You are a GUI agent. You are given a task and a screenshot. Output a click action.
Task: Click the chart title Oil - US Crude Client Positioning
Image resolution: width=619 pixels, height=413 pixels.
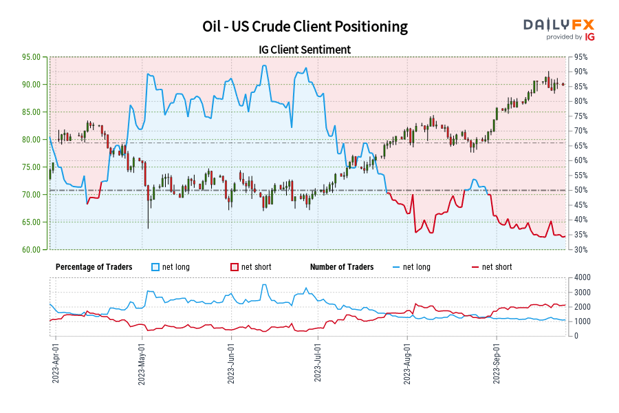305,27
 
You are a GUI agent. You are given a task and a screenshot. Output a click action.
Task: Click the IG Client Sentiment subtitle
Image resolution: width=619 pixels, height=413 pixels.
305,50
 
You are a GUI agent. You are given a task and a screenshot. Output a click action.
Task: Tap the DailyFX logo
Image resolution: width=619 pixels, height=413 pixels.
559,28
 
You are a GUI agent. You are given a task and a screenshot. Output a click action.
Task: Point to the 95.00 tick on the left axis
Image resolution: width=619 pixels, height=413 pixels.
30,57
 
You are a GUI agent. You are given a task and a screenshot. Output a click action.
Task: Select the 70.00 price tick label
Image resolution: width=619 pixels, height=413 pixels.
30,195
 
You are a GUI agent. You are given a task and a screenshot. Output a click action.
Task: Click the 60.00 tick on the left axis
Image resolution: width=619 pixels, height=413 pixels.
30,250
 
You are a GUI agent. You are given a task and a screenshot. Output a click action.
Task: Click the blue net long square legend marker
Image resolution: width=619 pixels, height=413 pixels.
155,267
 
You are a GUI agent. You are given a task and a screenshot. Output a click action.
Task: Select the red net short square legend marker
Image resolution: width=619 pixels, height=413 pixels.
234,267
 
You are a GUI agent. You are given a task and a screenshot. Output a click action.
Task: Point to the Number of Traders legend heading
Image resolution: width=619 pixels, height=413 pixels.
342,267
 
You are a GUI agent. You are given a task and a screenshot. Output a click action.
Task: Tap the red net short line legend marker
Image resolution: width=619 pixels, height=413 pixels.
475,267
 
